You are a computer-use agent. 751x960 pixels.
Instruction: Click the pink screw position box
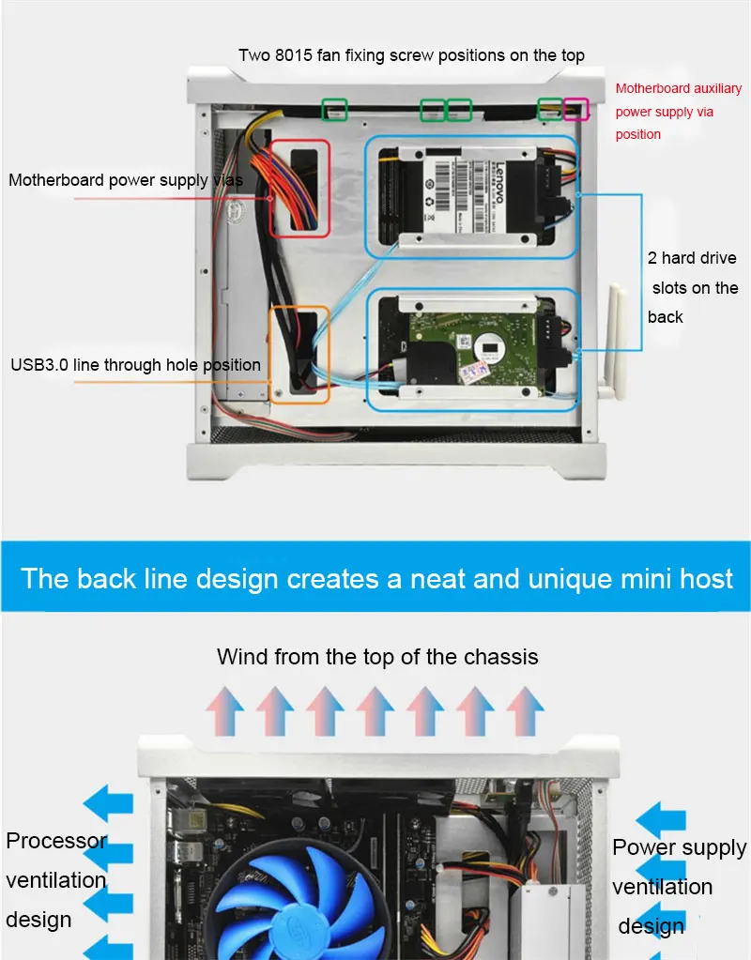[x=575, y=110]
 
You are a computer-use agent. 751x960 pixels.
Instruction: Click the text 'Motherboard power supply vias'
[x=126, y=180]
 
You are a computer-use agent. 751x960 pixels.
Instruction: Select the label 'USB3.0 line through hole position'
[x=136, y=364]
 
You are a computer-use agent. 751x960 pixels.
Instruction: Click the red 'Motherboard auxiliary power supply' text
[x=678, y=111]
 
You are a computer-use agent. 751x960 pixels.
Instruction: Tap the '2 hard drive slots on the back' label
[x=693, y=287]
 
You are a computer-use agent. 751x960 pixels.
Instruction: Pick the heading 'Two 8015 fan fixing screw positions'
[x=411, y=54]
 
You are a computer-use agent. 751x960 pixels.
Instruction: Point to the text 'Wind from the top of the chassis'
[x=377, y=656]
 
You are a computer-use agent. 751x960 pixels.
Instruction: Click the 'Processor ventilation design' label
[x=56, y=879]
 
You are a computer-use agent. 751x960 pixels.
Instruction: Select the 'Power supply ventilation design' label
[x=678, y=887]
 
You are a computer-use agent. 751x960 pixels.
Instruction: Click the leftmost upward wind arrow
[x=224, y=710]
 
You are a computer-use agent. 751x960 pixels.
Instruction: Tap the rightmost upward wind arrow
[x=525, y=710]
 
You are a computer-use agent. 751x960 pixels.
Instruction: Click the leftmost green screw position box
[x=334, y=109]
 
